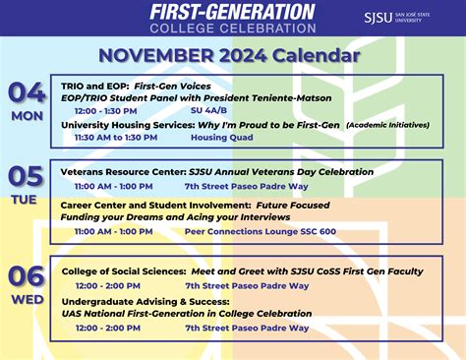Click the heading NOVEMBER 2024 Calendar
pyautogui.click(x=233, y=54)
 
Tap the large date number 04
pyautogui.click(x=28, y=93)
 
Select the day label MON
pyautogui.click(x=28, y=115)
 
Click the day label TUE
pyautogui.click(x=28, y=200)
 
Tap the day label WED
pyautogui.click(x=28, y=298)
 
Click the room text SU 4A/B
pyautogui.click(x=208, y=111)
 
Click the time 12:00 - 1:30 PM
pyautogui.click(x=105, y=111)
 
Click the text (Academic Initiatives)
pyautogui.click(x=387, y=125)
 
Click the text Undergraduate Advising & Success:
pyautogui.click(x=145, y=301)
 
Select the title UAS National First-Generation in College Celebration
pyautogui.click(x=186, y=314)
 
